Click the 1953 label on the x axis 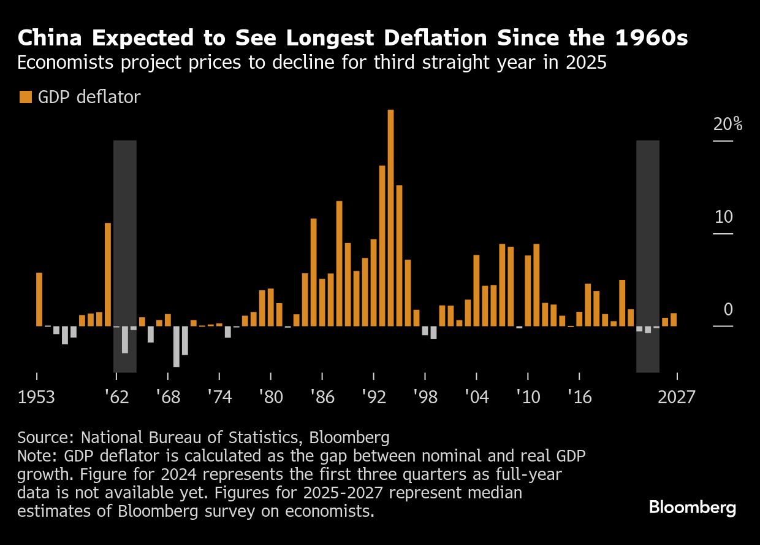pos(36,398)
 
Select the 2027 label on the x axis pos(676,398)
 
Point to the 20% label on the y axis pos(728,125)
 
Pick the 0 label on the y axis pos(728,310)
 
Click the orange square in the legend pos(25,97)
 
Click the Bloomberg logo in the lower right pos(692,508)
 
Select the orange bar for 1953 pos(39,299)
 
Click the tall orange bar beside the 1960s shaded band pos(108,274)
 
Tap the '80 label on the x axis pos(270,398)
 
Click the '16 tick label pos(579,398)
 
